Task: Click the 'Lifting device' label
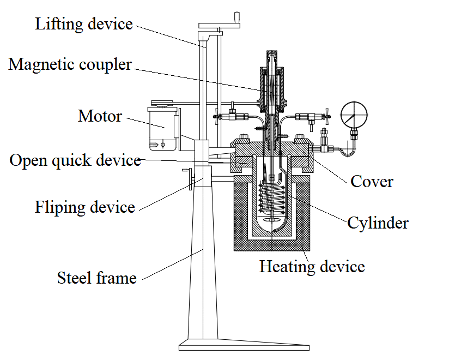(84, 24)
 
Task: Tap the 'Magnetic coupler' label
(70, 64)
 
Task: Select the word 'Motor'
(100, 116)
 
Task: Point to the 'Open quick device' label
(75, 161)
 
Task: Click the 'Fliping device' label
(85, 207)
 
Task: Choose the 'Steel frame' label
(96, 278)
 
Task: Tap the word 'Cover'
(372, 181)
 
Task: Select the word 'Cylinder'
(378, 223)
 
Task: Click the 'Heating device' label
(312, 267)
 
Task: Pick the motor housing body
(162, 128)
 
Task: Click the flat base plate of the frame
(244, 346)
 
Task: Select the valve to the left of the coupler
(229, 116)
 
